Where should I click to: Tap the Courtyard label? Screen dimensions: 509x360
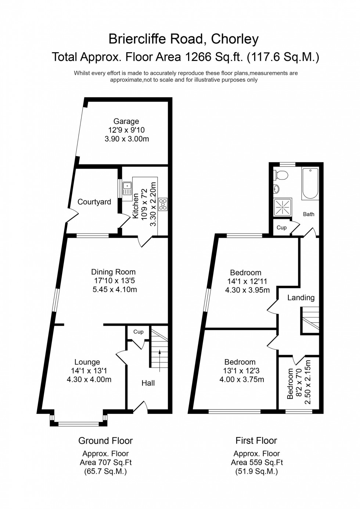[x=94, y=202]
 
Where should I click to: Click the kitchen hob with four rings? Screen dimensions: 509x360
[x=163, y=204]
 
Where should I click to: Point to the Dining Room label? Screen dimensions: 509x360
[x=113, y=272]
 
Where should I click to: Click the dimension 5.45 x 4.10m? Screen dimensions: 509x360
[x=115, y=289]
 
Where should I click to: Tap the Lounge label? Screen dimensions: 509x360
[x=87, y=362]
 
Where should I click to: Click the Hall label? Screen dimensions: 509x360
[x=148, y=383]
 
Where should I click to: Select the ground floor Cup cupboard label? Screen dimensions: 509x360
[x=138, y=332]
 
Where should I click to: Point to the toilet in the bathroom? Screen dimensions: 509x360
[x=281, y=175]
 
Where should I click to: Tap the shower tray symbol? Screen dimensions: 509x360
[x=283, y=208]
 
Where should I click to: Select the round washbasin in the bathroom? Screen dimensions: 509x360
[x=276, y=189]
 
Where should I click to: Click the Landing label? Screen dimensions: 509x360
[x=301, y=298]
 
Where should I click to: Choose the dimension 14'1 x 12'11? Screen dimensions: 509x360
[x=247, y=281]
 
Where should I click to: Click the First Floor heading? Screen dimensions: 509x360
[x=256, y=440]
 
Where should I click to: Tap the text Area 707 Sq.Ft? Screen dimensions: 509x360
[x=105, y=462]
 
